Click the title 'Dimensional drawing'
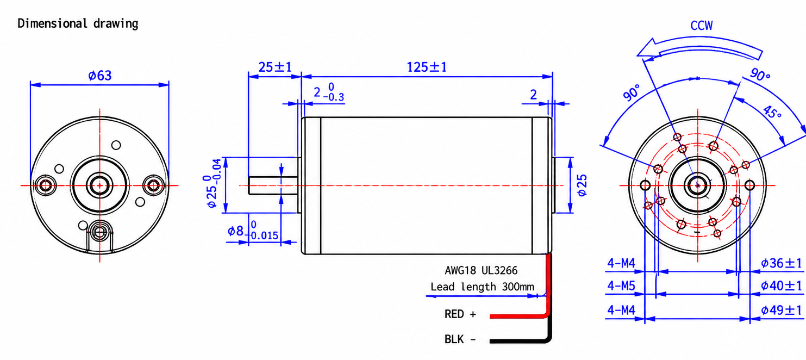coord(78,24)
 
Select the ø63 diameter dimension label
coord(99,76)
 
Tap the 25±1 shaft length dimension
coord(275,67)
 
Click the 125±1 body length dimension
coord(427,67)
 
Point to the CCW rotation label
coord(701,26)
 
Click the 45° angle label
coord(772,112)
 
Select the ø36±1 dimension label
coord(781,263)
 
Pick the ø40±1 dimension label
coord(781,286)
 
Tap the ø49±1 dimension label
coord(781,310)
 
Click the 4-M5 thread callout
coord(621,286)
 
